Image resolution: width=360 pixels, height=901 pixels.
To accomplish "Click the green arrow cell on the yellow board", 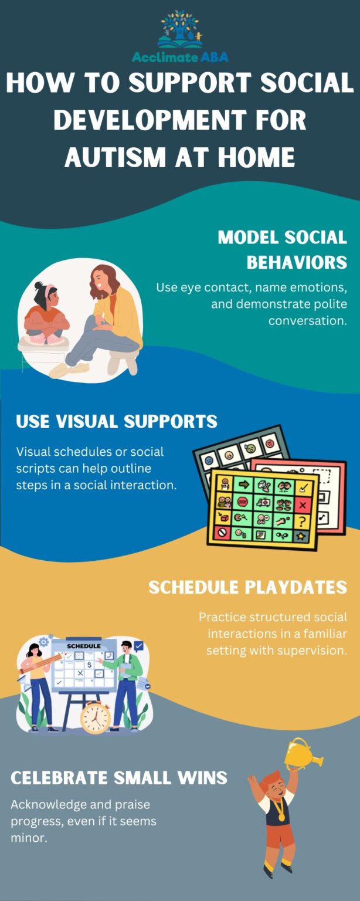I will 242,485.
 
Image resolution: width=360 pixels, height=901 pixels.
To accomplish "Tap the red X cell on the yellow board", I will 303,503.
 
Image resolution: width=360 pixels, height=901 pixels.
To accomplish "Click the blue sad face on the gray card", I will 209,459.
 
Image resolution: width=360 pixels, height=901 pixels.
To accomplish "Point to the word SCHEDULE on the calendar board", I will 84,646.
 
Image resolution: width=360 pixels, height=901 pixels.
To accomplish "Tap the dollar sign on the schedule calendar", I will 89,665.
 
